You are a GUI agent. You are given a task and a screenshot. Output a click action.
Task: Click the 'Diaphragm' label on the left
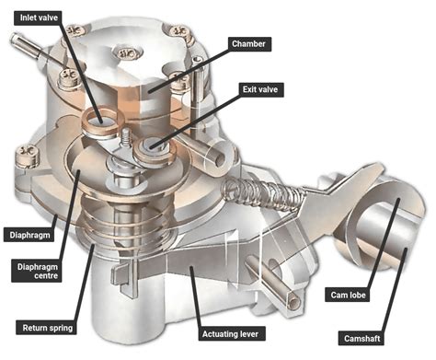[x=27, y=235]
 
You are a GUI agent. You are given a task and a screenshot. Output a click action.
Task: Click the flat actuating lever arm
[x=202, y=267]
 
